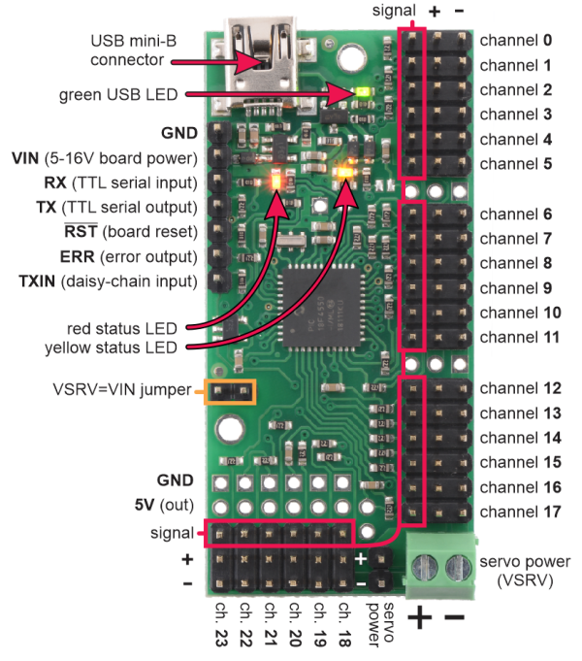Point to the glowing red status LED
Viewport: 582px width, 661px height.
(x=278, y=180)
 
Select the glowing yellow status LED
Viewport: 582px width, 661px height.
(x=344, y=174)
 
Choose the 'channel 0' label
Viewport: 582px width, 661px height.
(x=515, y=41)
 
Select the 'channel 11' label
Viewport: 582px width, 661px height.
(x=519, y=337)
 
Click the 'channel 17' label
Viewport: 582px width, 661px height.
(x=519, y=512)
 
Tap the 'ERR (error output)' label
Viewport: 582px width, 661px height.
(x=108, y=257)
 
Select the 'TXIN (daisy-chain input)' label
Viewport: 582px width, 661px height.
(x=108, y=281)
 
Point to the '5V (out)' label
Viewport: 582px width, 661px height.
(x=165, y=505)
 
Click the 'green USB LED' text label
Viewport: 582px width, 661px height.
(x=117, y=94)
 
